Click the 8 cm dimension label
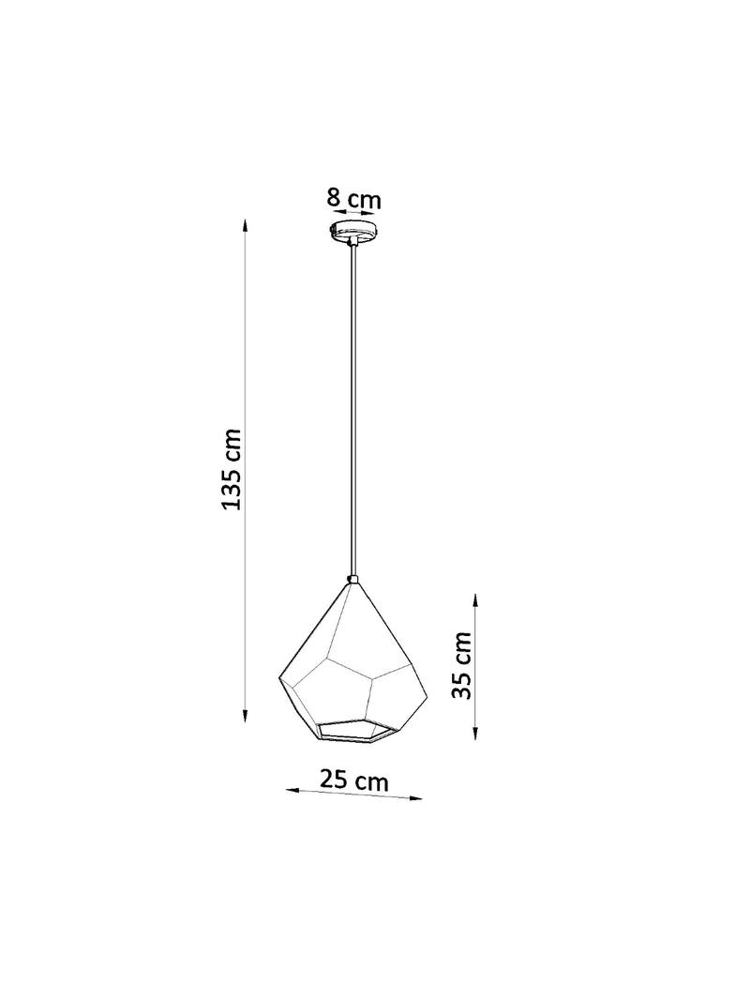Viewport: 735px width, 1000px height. [353, 199]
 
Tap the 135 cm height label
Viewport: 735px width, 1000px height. [232, 469]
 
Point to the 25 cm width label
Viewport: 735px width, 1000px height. [353, 780]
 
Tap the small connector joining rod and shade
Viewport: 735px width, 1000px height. [352, 579]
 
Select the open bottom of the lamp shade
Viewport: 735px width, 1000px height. [354, 729]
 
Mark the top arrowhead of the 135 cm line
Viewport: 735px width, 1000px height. [245, 226]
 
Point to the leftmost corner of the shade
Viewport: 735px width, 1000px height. [280, 675]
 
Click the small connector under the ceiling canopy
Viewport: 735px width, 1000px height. [352, 244]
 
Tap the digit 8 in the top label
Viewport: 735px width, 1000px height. [333, 198]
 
